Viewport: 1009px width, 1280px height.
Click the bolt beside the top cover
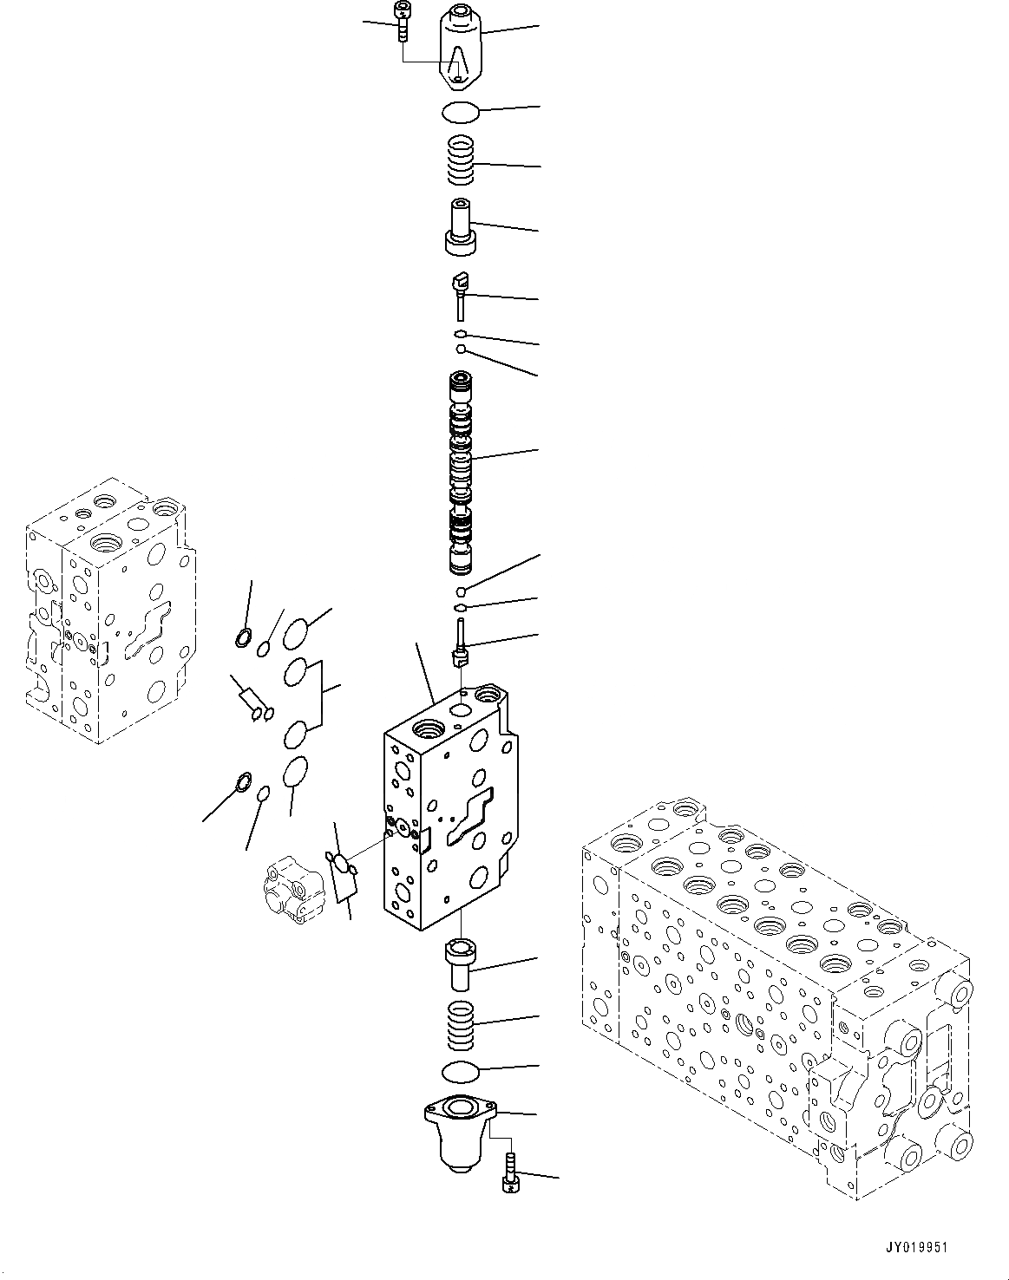coord(402,21)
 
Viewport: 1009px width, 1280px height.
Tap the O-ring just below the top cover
coord(459,113)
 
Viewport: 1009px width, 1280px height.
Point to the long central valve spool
coord(460,473)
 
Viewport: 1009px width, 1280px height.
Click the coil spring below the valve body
coord(460,1022)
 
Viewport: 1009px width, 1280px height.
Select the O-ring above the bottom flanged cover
coord(460,1072)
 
